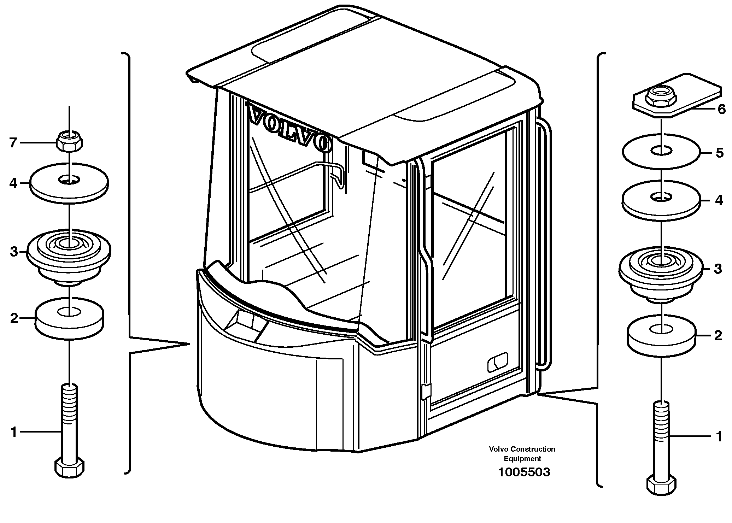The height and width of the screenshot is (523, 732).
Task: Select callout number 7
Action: coord(13,143)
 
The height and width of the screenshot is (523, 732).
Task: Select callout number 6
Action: coord(721,110)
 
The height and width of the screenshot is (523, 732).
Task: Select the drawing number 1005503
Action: coord(524,472)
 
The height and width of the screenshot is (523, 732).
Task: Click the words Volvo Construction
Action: coord(522,449)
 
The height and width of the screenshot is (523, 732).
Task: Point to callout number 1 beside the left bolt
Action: coord(14,432)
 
